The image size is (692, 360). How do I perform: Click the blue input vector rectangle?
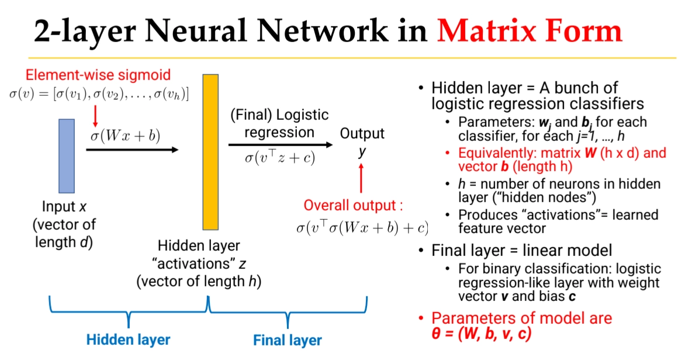[x=67, y=155]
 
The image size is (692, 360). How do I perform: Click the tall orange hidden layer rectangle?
[x=210, y=152]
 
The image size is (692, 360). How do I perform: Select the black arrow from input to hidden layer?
[x=132, y=150]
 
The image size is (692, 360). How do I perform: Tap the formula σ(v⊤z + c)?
[x=280, y=158]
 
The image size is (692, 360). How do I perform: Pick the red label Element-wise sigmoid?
[x=98, y=75]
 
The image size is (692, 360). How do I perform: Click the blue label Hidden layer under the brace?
[x=128, y=339]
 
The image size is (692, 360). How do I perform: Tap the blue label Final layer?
[x=287, y=340]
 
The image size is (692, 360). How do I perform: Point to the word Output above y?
[x=362, y=133]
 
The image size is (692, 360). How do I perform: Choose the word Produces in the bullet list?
[x=482, y=214]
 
